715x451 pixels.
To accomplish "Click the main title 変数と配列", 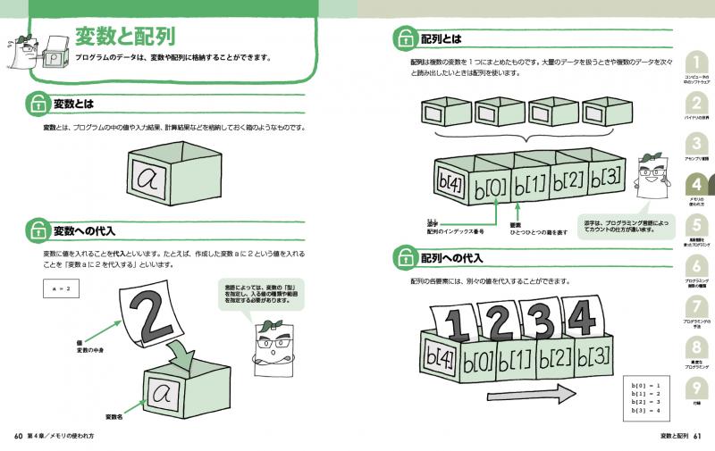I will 124,37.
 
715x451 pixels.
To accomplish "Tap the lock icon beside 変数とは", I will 38,104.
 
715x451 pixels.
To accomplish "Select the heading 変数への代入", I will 84,230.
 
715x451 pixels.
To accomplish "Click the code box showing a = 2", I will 62,288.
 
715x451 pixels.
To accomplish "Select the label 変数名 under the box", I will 114,417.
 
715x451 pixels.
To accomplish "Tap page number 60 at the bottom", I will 18,436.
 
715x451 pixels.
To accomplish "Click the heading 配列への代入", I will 451,259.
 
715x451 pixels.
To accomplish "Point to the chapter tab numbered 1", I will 696,63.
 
